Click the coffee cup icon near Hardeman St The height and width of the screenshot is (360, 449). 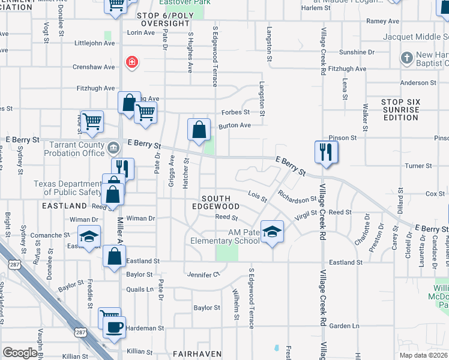click(x=113, y=327)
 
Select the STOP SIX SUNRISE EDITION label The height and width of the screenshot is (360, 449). click(x=400, y=110)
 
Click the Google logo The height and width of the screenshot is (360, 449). click(x=20, y=353)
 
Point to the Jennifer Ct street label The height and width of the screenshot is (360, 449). click(x=203, y=275)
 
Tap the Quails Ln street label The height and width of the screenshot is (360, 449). click(x=140, y=289)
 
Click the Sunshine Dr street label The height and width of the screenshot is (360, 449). click(x=357, y=52)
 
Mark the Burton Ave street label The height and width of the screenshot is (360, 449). click(x=235, y=126)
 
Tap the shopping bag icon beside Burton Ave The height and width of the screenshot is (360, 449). click(x=199, y=129)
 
